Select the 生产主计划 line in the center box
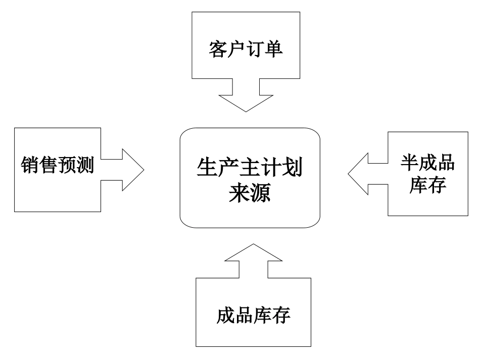tap(250, 169)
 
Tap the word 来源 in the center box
tap(250, 193)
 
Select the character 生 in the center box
tap(207, 169)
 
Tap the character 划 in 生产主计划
tap(292, 169)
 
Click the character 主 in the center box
tap(250, 169)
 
